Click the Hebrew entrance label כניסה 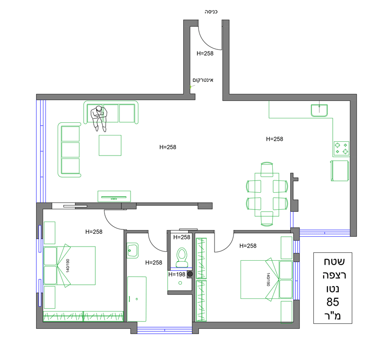[x=211, y=12]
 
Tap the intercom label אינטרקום [x=203, y=80]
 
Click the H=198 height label [x=177, y=274]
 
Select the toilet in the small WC [x=182, y=257]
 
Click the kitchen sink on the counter [x=319, y=110]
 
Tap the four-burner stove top [x=341, y=148]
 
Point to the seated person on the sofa [x=99, y=118]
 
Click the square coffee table [x=110, y=145]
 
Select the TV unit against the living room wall [x=114, y=196]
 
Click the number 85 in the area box [x=333, y=302]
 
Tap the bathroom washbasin [x=132, y=250]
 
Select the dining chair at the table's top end [x=267, y=169]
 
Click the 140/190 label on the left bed [x=67, y=266]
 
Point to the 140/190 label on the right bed [x=268, y=279]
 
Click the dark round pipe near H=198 [x=190, y=274]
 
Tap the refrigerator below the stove [x=340, y=171]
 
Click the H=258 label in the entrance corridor [x=205, y=53]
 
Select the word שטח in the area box [x=334, y=262]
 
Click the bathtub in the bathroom [x=137, y=299]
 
